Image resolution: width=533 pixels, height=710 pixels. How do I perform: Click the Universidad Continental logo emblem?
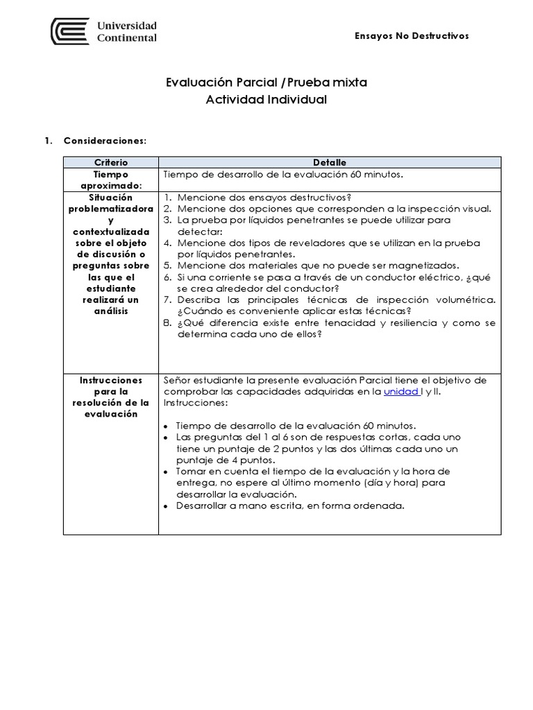(70, 31)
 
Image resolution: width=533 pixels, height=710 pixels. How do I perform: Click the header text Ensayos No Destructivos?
(412, 35)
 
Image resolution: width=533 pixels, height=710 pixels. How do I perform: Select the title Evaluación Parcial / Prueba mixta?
(266, 83)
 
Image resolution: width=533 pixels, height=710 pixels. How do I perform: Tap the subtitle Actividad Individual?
(266, 99)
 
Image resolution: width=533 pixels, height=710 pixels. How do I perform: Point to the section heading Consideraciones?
(105, 140)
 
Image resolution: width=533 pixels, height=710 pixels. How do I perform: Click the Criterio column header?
(110, 162)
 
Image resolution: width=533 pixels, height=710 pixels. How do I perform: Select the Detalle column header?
(329, 162)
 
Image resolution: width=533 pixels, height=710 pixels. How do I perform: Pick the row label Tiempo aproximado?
(110, 180)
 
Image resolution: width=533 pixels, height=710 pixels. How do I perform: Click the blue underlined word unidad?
(400, 392)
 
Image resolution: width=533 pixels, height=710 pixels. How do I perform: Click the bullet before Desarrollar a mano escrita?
(166, 506)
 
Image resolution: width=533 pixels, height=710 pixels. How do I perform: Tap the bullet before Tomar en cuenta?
(166, 471)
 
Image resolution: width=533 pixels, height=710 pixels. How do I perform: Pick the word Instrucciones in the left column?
(110, 381)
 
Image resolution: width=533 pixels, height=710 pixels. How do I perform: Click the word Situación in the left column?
(110, 198)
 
